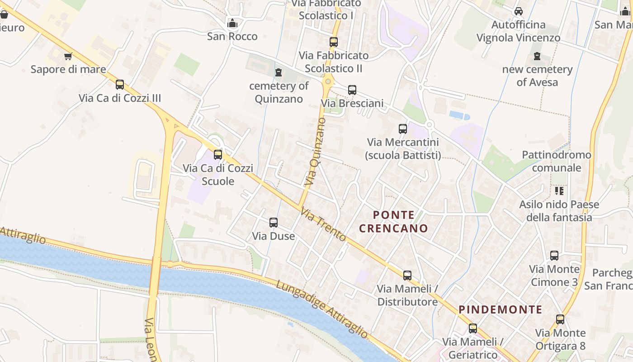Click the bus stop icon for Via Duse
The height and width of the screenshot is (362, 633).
274,223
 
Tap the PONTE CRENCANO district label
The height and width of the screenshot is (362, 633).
393,221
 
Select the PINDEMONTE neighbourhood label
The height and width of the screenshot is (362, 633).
501,310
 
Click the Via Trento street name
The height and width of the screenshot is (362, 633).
323,225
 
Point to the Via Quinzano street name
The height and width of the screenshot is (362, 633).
315,152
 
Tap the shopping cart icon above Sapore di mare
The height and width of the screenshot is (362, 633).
68,57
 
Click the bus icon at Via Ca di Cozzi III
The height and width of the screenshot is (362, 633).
120,85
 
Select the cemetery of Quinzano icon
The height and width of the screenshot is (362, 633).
279,72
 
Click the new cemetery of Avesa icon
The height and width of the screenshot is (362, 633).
537,57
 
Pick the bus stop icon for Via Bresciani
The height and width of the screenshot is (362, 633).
352,90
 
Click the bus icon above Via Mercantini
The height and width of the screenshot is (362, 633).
403,129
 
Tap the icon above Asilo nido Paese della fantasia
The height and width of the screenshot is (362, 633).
559,191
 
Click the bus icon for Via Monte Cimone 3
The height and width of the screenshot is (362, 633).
554,256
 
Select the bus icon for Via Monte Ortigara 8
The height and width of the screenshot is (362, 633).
560,319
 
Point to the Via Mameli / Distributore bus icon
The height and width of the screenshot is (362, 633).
407,275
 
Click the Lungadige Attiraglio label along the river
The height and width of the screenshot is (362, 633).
322,310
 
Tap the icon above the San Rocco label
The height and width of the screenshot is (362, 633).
232,23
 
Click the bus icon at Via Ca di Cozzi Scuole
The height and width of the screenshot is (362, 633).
218,155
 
